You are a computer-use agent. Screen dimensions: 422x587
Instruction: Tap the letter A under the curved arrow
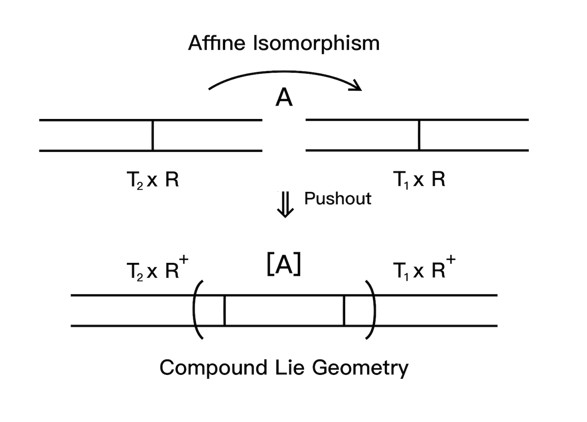tap(284, 98)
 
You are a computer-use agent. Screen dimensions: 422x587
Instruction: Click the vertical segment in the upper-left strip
tap(153, 135)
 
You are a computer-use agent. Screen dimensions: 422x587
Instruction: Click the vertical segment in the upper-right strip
tap(419, 135)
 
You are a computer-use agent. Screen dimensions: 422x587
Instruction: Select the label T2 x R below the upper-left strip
tap(153, 180)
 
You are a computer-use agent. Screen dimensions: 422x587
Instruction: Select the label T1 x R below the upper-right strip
tap(419, 180)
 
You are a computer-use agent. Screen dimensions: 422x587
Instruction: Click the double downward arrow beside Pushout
tap(285, 205)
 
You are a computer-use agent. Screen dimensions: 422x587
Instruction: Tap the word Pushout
tap(338, 199)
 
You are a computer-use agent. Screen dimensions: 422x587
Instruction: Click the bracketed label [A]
tap(284, 265)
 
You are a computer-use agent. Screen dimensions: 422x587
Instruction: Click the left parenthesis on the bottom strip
tap(198, 310)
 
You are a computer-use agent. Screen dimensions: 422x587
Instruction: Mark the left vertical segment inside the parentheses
tap(224, 310)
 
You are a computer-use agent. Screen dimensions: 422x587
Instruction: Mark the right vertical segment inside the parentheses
tap(344, 310)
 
